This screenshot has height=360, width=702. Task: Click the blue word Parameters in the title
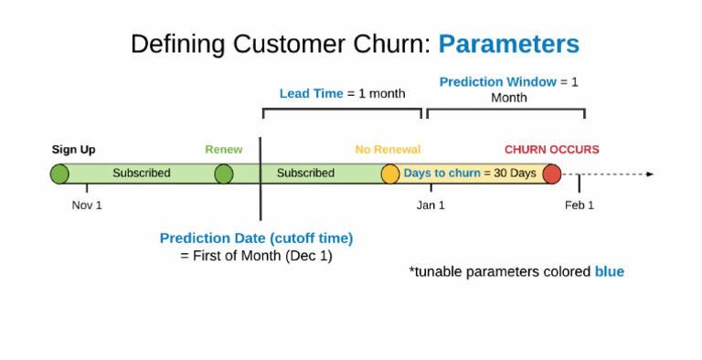click(x=508, y=44)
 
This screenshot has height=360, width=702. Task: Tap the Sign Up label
click(x=73, y=150)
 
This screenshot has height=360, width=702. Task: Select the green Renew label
click(x=223, y=150)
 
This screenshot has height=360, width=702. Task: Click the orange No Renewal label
click(x=388, y=150)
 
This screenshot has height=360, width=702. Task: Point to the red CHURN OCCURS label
click(x=551, y=150)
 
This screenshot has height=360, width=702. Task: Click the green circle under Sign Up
click(x=59, y=174)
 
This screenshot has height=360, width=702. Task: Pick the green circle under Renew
click(x=224, y=174)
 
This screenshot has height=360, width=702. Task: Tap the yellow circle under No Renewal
click(x=390, y=174)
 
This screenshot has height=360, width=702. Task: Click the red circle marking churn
click(x=551, y=174)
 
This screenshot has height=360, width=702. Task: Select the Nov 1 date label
click(x=87, y=205)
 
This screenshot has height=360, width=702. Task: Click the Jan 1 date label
click(x=431, y=205)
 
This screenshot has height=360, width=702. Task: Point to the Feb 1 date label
click(x=580, y=205)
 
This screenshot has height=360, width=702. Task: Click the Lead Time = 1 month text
click(x=342, y=93)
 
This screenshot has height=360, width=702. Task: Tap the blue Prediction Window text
click(x=498, y=82)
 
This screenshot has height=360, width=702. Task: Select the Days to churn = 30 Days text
click(x=470, y=174)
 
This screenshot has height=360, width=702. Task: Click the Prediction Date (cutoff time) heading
click(x=256, y=238)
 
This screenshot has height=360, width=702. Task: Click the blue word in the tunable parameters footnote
click(x=609, y=271)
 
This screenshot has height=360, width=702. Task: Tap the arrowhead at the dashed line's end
click(x=650, y=174)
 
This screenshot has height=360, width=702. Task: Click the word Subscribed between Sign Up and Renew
click(x=142, y=174)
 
